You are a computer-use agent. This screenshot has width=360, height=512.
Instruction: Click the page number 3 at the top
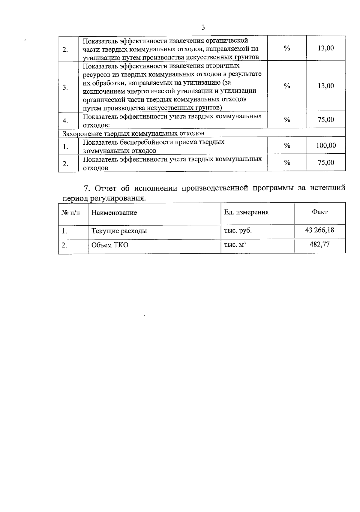pyautogui.click(x=203, y=28)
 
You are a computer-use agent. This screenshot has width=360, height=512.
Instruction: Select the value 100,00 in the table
pyautogui.click(x=326, y=146)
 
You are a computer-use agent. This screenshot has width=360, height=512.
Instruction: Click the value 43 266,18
pyautogui.click(x=319, y=230)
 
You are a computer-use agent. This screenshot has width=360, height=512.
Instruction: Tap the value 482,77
pyautogui.click(x=319, y=244)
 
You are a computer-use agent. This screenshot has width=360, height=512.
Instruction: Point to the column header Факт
pyautogui.click(x=319, y=212)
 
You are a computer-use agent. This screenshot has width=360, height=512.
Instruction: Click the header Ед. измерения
pyautogui.click(x=246, y=212)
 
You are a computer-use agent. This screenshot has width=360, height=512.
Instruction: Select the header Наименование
pyautogui.click(x=114, y=212)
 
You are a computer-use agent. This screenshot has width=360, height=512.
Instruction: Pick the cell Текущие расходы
pyautogui.click(x=119, y=231)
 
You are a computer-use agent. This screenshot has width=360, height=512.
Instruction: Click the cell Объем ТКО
pyautogui.click(x=110, y=245)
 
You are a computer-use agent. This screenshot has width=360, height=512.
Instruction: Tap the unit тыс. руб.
pyautogui.click(x=238, y=230)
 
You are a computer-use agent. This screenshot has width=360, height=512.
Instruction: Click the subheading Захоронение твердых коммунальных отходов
pyautogui.click(x=133, y=133)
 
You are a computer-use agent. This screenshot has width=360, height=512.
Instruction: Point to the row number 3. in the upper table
pyautogui.click(x=65, y=88)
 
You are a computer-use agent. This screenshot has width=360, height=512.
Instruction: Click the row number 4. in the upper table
pyautogui.click(x=65, y=121)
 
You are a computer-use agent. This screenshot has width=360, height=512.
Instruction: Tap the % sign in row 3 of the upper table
pyautogui.click(x=287, y=86)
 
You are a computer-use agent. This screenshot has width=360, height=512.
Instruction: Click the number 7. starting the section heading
pyautogui.click(x=87, y=188)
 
